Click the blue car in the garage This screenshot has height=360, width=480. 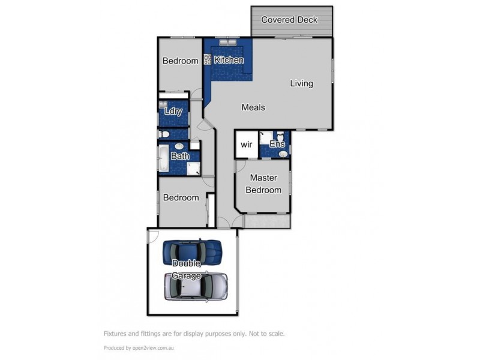[192, 253]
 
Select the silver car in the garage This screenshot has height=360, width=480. [196, 287]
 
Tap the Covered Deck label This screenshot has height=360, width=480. [289, 20]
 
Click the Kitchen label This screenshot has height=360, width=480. [229, 60]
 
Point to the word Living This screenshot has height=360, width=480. [301, 83]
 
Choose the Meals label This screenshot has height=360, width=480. [253, 107]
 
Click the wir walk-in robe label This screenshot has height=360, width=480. [246, 145]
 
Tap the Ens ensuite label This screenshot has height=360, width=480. [277, 145]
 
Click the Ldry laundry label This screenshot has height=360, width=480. [173, 111]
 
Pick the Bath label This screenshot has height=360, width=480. [180, 156]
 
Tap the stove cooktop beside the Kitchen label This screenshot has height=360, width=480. [208, 59]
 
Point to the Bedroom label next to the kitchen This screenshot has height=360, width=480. [181, 61]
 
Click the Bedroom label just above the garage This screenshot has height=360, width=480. [181, 197]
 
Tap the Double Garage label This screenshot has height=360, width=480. [187, 269]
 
